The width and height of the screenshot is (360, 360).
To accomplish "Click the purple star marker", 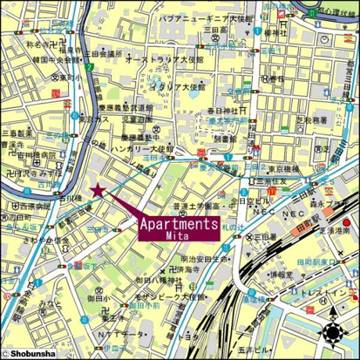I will (x=96, y=191).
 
